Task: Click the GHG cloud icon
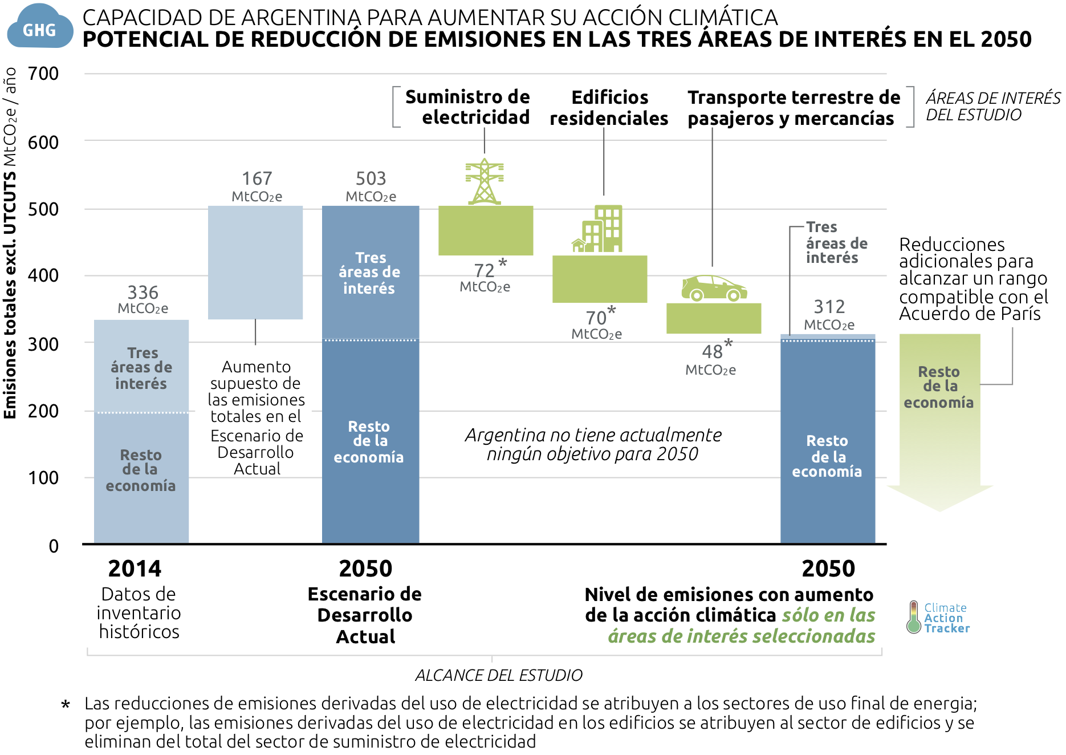[x=40, y=27]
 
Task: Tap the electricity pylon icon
[x=485, y=182]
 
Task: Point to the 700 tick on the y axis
[x=43, y=74]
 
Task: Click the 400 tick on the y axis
[x=43, y=275]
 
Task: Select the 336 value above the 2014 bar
[x=143, y=293]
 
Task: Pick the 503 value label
[x=371, y=179]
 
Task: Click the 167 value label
[x=257, y=179]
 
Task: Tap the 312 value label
[x=829, y=307]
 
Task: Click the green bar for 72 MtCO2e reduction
[x=486, y=230]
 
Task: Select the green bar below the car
[x=714, y=318]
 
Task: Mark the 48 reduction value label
[x=713, y=352]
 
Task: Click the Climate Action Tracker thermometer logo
[x=914, y=617]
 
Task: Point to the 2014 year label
[x=135, y=569]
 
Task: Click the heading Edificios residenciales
[x=609, y=108]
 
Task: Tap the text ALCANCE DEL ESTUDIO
[x=499, y=676]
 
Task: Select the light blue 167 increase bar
[x=255, y=262]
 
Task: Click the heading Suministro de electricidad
[x=467, y=107]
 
